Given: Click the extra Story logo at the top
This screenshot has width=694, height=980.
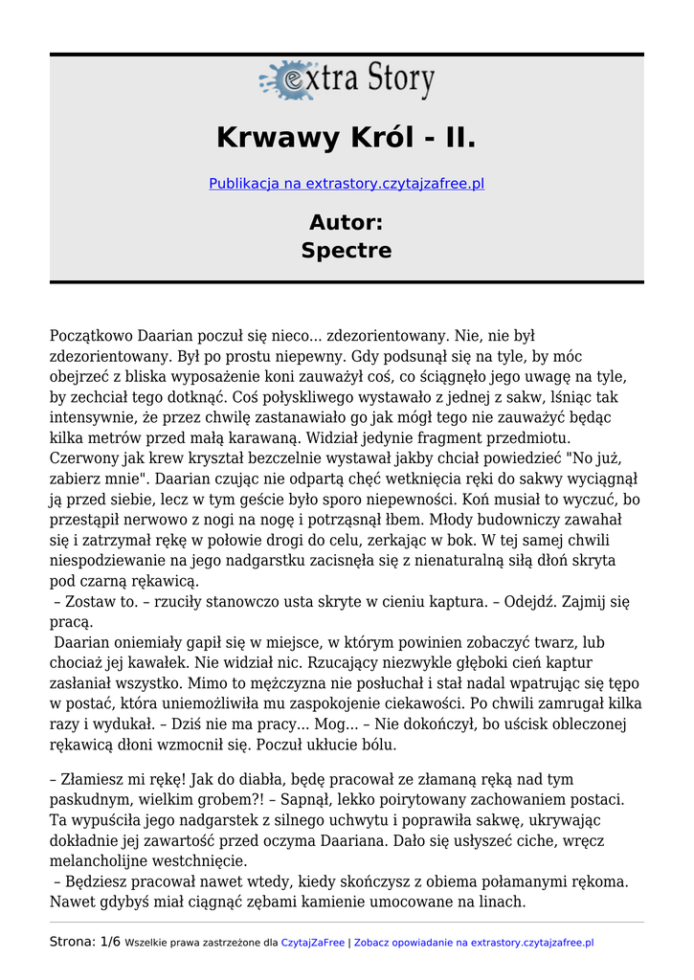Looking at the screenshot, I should click(x=347, y=80).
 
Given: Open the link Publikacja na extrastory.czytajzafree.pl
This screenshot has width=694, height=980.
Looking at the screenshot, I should click(x=347, y=183).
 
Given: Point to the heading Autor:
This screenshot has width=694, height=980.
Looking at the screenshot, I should click(x=347, y=223).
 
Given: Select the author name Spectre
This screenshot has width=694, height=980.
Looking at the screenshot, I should click(x=347, y=251).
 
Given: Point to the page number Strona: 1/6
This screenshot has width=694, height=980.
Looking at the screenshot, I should click(x=85, y=942).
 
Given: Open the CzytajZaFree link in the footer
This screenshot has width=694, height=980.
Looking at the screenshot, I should click(x=312, y=943).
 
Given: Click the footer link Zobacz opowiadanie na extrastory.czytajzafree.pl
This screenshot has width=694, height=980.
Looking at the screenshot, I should click(x=474, y=943).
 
